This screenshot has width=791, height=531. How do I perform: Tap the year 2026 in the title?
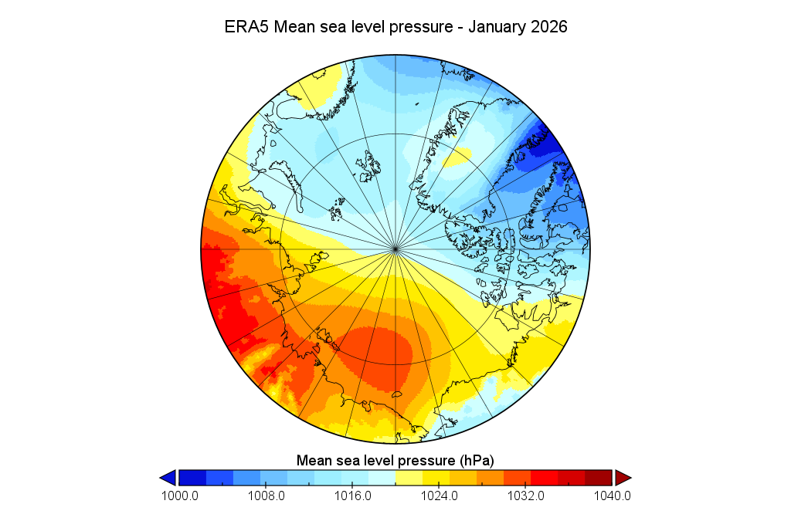click(x=548, y=27)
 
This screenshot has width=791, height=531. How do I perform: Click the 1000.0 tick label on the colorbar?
click(x=179, y=495)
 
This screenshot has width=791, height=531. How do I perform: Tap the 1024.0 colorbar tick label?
click(x=439, y=495)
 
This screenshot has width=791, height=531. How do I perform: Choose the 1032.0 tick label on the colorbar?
click(x=525, y=495)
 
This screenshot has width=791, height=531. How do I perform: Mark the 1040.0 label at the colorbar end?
click(x=613, y=495)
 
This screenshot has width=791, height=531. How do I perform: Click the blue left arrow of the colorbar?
click(x=168, y=478)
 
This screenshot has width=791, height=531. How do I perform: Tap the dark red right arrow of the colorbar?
click(x=623, y=478)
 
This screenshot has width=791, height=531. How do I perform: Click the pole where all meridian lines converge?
click(x=395, y=249)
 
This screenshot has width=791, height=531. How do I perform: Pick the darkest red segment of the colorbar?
click(x=599, y=478)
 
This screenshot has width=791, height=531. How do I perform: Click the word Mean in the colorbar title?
click(x=314, y=461)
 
